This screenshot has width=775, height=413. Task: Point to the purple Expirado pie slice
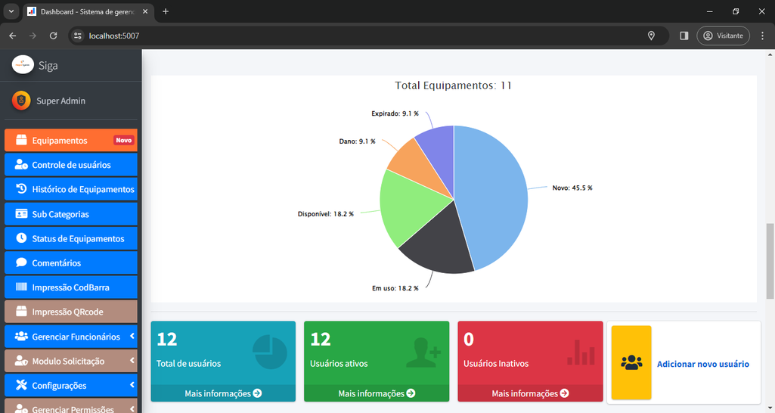(x=437, y=142)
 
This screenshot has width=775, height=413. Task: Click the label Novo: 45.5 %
(x=572, y=188)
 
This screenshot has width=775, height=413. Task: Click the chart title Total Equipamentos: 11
(x=453, y=85)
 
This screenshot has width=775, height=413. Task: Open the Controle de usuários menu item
(x=71, y=165)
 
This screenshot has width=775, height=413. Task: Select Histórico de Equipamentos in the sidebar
(x=82, y=189)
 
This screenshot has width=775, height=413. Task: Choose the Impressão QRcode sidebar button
(x=67, y=312)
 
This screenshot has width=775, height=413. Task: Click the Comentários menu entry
(x=56, y=262)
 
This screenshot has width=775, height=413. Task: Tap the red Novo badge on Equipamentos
(x=123, y=141)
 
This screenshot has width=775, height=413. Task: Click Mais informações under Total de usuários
(x=223, y=393)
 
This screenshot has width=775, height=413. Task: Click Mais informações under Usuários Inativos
(x=530, y=393)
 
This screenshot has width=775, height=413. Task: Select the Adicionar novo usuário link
(x=702, y=364)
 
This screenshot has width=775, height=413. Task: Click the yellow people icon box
(x=631, y=362)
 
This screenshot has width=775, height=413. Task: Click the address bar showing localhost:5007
(x=363, y=36)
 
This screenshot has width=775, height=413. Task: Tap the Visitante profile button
(x=723, y=36)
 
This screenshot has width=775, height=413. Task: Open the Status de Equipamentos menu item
(x=78, y=238)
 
